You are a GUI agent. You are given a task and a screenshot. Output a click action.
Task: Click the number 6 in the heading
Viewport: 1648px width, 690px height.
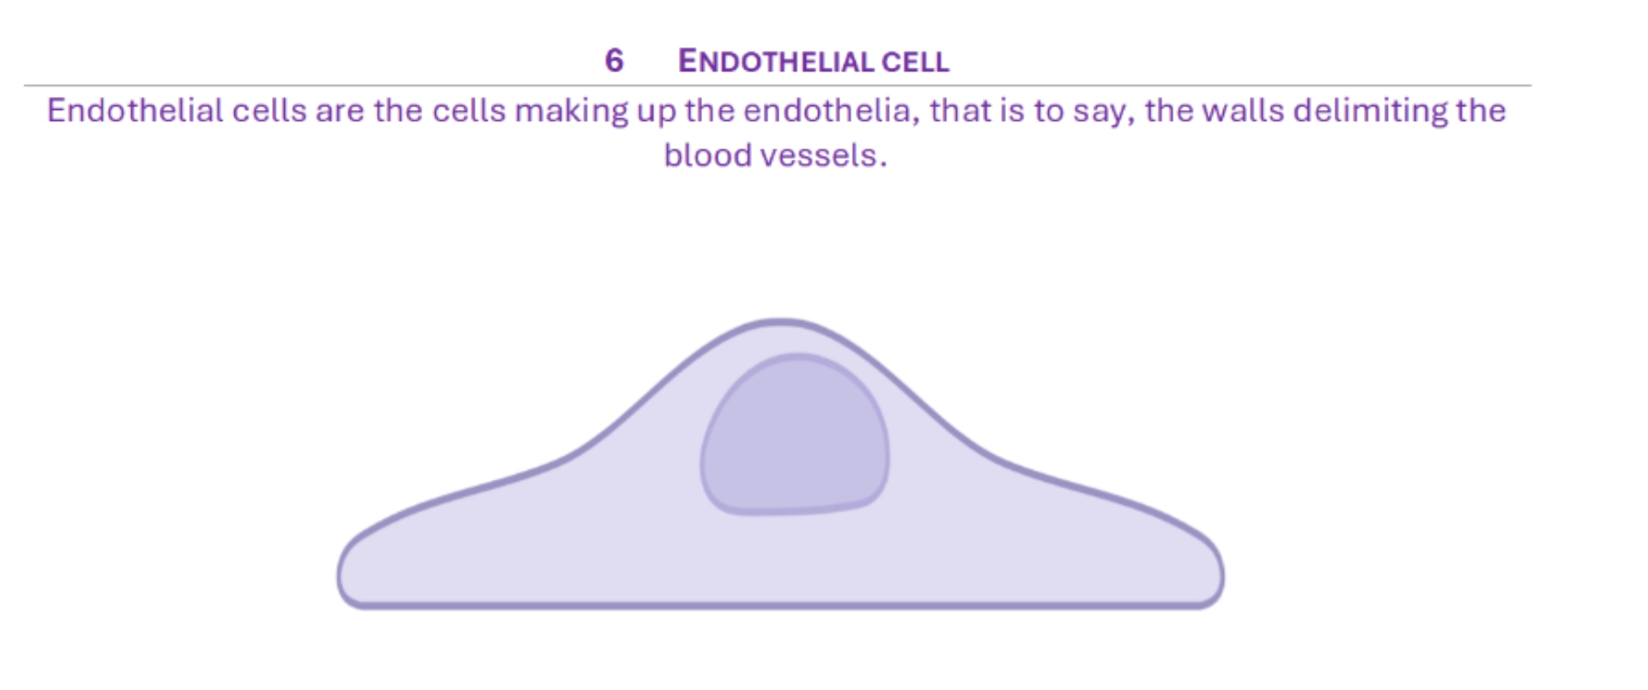click(x=614, y=60)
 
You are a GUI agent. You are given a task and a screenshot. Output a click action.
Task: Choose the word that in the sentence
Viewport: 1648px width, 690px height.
click(x=960, y=111)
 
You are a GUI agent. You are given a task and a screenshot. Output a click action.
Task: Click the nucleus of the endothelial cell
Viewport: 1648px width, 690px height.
click(x=795, y=434)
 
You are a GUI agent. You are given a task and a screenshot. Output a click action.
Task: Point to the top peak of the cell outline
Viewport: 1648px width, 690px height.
click(x=780, y=322)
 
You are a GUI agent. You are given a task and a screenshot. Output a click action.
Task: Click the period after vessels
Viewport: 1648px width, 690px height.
click(x=882, y=166)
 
